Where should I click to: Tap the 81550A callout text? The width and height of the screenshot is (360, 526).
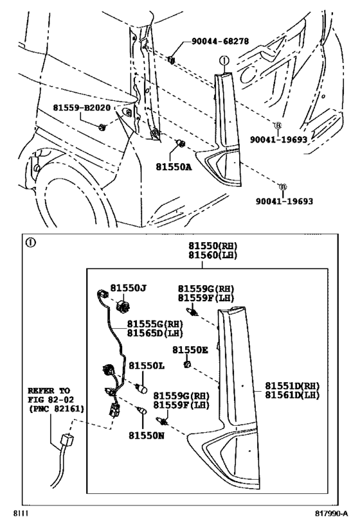tap(173, 165)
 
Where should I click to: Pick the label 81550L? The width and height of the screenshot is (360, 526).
tap(146, 365)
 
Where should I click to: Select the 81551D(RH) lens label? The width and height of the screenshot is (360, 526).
tap(293, 386)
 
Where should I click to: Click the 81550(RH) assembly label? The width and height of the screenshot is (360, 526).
tap(213, 247)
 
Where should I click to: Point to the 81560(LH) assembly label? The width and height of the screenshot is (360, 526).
tap(213, 256)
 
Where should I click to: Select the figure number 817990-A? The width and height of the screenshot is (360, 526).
tap(331, 514)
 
